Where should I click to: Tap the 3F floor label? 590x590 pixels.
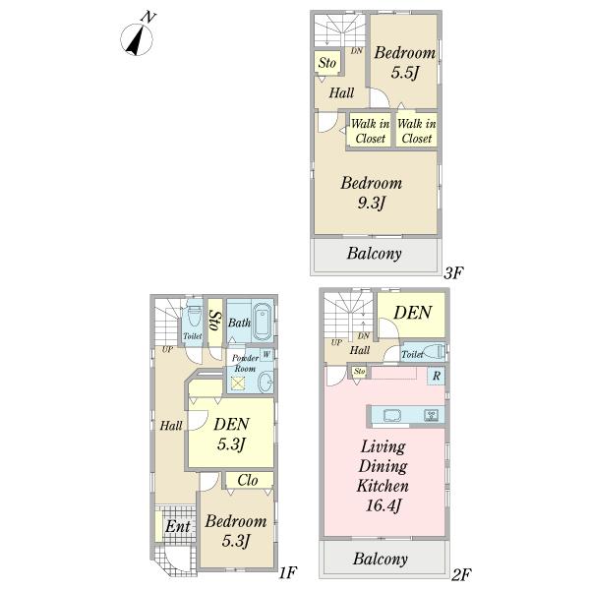click(453, 272)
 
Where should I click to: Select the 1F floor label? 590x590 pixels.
click(288, 573)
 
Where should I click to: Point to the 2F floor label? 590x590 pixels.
click(461, 574)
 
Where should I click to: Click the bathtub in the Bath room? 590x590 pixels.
click(263, 321)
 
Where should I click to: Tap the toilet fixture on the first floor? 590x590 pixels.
click(194, 316)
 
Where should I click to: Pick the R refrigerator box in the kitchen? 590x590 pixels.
click(437, 376)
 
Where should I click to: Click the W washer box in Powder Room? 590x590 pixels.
click(266, 354)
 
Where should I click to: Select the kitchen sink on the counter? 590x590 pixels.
click(392, 415)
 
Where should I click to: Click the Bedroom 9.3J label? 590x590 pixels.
click(372, 193)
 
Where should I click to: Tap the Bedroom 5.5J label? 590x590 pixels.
click(404, 63)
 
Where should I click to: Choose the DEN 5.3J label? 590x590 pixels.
click(231, 434)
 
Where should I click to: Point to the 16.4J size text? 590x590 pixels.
click(383, 505)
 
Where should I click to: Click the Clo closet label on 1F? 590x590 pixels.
click(248, 480)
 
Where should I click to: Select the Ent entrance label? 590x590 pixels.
click(178, 526)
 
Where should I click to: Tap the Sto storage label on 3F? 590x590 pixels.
click(327, 63)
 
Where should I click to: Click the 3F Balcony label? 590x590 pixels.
click(375, 254)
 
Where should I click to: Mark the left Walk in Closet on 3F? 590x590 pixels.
click(371, 131)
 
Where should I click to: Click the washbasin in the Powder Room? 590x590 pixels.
click(265, 383)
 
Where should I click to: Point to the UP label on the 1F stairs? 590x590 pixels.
click(167, 349)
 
